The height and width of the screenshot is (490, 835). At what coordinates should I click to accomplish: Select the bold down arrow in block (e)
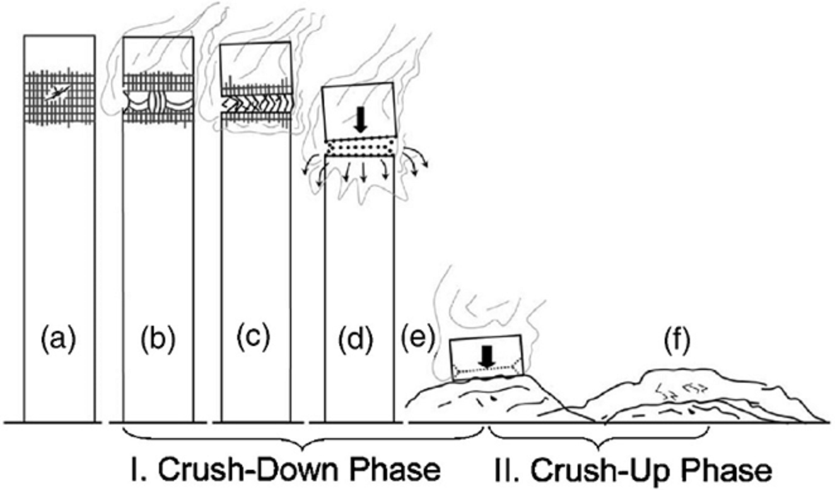click(x=486, y=357)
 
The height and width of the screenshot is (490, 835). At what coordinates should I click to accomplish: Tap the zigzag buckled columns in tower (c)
click(x=257, y=102)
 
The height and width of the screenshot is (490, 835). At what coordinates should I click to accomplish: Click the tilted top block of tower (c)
click(x=256, y=68)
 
